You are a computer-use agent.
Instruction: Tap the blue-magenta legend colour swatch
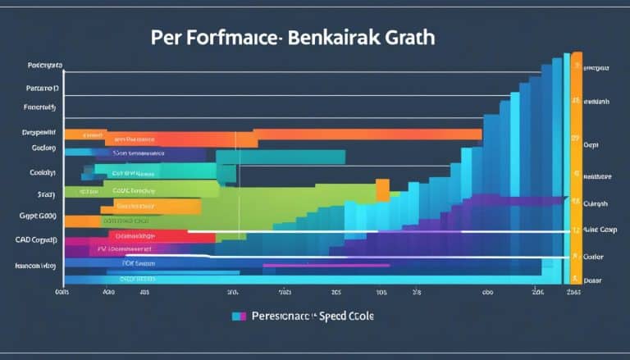pyautogui.click(x=240, y=315)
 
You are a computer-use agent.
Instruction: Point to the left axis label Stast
pyautogui.click(x=45, y=194)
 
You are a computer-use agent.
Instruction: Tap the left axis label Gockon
pyautogui.click(x=43, y=148)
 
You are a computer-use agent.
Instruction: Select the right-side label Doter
pyautogui.click(x=592, y=280)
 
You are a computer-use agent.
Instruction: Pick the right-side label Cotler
pyautogui.click(x=593, y=256)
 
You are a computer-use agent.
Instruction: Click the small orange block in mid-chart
pyautogui.click(x=382, y=190)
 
